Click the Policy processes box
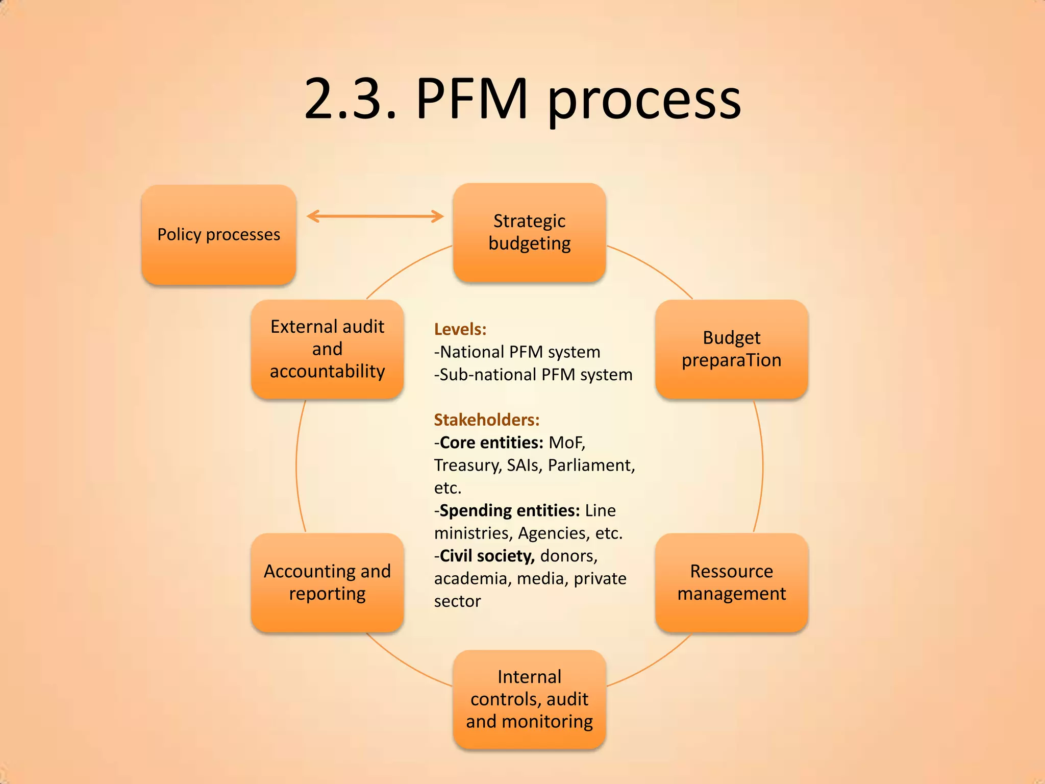point(218,234)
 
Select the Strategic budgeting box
point(529,232)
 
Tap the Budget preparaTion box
point(731,349)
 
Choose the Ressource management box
point(731,582)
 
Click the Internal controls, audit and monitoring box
point(529,699)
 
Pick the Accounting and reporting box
point(327,582)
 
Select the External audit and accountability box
point(327,349)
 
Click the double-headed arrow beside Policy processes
point(375,216)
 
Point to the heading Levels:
point(460,329)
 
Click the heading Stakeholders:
point(487,420)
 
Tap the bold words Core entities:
point(491,443)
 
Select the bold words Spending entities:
point(509,510)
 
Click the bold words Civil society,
point(487,556)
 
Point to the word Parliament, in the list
point(591,465)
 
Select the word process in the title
point(644,100)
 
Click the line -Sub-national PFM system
point(533,375)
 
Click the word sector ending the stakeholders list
point(457,601)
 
